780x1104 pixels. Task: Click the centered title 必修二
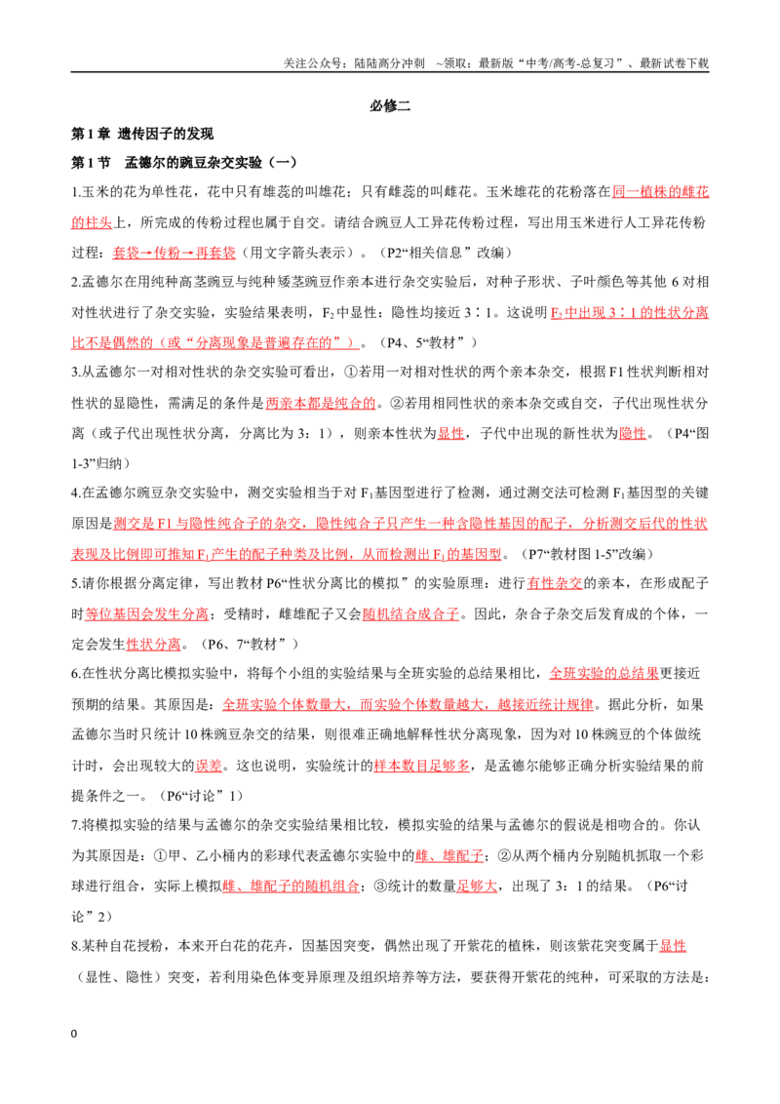pos(390,105)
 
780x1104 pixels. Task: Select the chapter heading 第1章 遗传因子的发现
pos(142,134)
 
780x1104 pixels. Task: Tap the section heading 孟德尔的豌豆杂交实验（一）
pos(211,163)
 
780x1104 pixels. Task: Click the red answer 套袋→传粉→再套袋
pos(174,253)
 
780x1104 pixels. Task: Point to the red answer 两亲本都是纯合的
pos(321,404)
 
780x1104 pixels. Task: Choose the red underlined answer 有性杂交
pos(555,583)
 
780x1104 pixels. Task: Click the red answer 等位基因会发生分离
pos(146,614)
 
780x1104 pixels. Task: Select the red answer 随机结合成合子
pos(410,614)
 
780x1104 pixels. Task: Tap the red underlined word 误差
pos(209,766)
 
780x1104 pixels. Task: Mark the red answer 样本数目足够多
pos(421,766)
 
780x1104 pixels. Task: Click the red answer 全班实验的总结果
pos(604,674)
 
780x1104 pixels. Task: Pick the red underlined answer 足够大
pos(477,886)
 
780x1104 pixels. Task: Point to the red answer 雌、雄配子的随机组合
pos(291,886)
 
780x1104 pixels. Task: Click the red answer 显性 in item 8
pos(673,946)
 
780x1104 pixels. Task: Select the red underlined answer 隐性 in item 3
pos(632,434)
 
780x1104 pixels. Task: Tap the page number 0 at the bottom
pos(74,1034)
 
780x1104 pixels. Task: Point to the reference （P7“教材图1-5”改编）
pos(585,554)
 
